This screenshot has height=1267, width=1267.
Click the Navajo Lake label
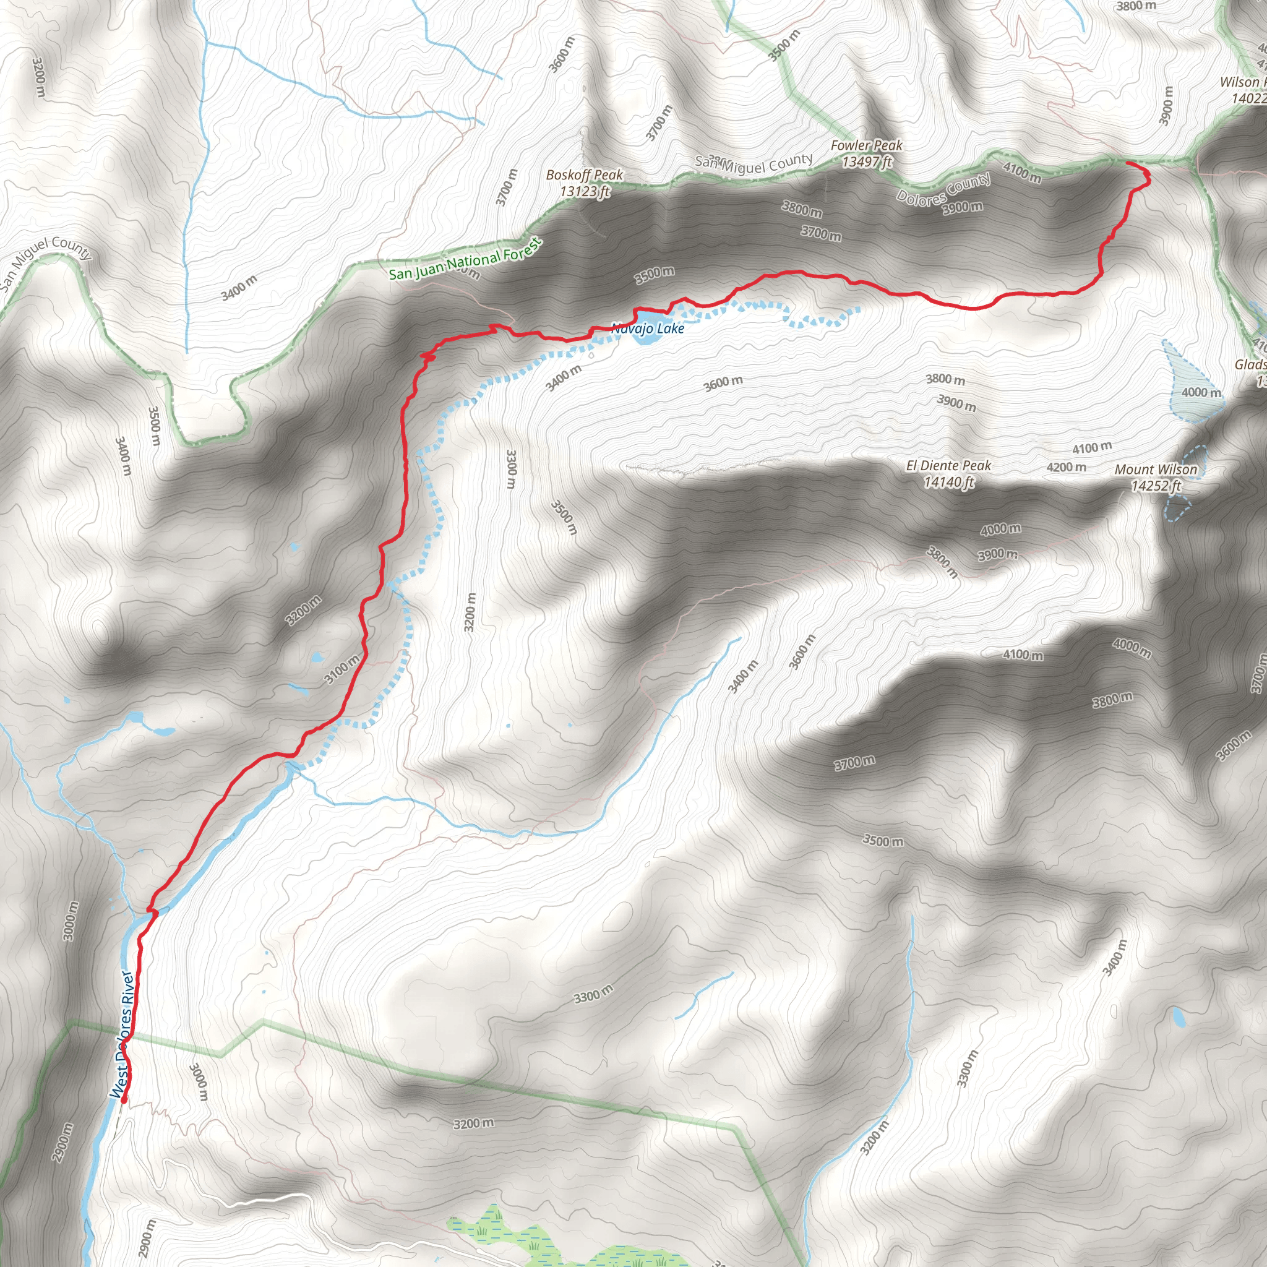tap(647, 329)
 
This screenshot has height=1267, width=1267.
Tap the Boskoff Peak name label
tap(584, 175)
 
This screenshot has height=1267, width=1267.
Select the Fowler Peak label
tap(866, 145)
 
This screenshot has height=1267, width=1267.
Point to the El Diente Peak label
tap(948, 466)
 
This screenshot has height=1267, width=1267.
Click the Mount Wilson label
tap(1156, 470)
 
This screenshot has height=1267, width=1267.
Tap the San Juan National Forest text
tap(466, 259)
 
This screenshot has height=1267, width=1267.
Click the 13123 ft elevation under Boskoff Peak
tap(584, 192)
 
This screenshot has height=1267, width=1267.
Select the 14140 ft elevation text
tap(948, 483)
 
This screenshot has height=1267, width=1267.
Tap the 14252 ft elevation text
tap(1156, 486)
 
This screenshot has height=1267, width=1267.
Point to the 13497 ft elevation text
tap(866, 162)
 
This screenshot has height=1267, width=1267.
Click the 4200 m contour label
tap(1066, 468)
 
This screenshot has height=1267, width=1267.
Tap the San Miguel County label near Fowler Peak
tap(754, 162)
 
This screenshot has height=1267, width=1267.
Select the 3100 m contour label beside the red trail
tap(342, 669)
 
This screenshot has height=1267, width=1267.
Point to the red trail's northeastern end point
tap(1127, 162)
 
